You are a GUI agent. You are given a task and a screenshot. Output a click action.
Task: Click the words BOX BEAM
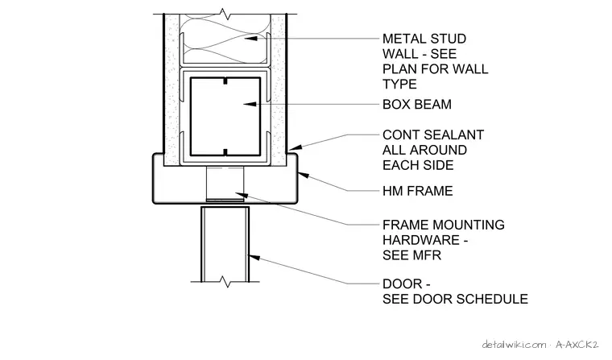tap(417, 104)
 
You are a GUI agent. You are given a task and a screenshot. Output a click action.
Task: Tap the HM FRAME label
tap(418, 191)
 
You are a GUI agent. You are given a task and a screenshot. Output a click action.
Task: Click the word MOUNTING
tap(469, 225)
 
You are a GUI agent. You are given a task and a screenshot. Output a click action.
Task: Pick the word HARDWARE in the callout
tap(421, 240)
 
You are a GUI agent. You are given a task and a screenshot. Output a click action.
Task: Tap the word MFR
tap(428, 255)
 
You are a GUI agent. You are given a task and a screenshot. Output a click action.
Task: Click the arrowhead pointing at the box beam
tap(250, 104)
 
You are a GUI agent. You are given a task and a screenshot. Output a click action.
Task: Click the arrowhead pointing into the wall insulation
tap(250, 39)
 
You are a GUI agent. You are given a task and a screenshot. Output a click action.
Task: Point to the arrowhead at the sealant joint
tap(296, 147)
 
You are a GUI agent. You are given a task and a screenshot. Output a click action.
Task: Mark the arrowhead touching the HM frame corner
tap(304, 176)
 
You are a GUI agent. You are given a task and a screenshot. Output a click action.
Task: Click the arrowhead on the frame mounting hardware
tap(242, 195)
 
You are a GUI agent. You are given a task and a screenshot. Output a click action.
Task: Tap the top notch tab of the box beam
tap(225, 81)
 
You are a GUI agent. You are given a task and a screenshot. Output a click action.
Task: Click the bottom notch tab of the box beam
tap(225, 152)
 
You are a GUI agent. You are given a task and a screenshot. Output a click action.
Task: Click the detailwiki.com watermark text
tap(514, 345)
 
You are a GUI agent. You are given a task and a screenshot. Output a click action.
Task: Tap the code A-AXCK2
tap(577, 345)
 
